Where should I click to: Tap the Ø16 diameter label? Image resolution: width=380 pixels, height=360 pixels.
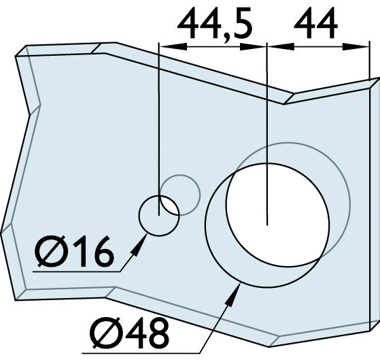coord(75,254)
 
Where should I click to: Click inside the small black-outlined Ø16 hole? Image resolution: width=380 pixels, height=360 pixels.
coord(158,215)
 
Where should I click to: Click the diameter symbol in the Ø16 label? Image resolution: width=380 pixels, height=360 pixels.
coord(52,254)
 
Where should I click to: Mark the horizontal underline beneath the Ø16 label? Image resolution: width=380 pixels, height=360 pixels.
coord(75,272)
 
